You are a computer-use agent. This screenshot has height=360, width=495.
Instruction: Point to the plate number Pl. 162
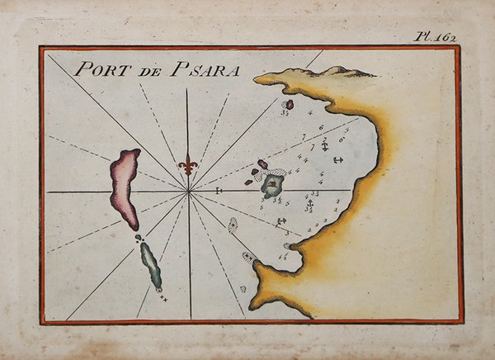coord(435,36)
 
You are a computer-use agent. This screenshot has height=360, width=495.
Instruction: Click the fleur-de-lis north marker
coord(189,164)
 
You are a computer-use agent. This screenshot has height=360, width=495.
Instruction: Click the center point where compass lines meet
coord(189,192)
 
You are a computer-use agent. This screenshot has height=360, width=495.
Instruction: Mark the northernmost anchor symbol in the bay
coord(324,146)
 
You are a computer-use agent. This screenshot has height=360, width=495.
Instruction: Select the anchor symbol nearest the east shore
coord(337,158)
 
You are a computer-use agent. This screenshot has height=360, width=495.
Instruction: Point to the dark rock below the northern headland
coord(288,105)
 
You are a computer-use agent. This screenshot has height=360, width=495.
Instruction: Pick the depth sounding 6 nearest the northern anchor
coord(341,140)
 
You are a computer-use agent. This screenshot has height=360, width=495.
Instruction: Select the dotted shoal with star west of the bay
coord(233,225)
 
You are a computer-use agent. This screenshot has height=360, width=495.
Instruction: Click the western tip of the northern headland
coord(257,79)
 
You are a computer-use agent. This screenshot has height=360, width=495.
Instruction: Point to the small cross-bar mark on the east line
coord(219,192)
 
